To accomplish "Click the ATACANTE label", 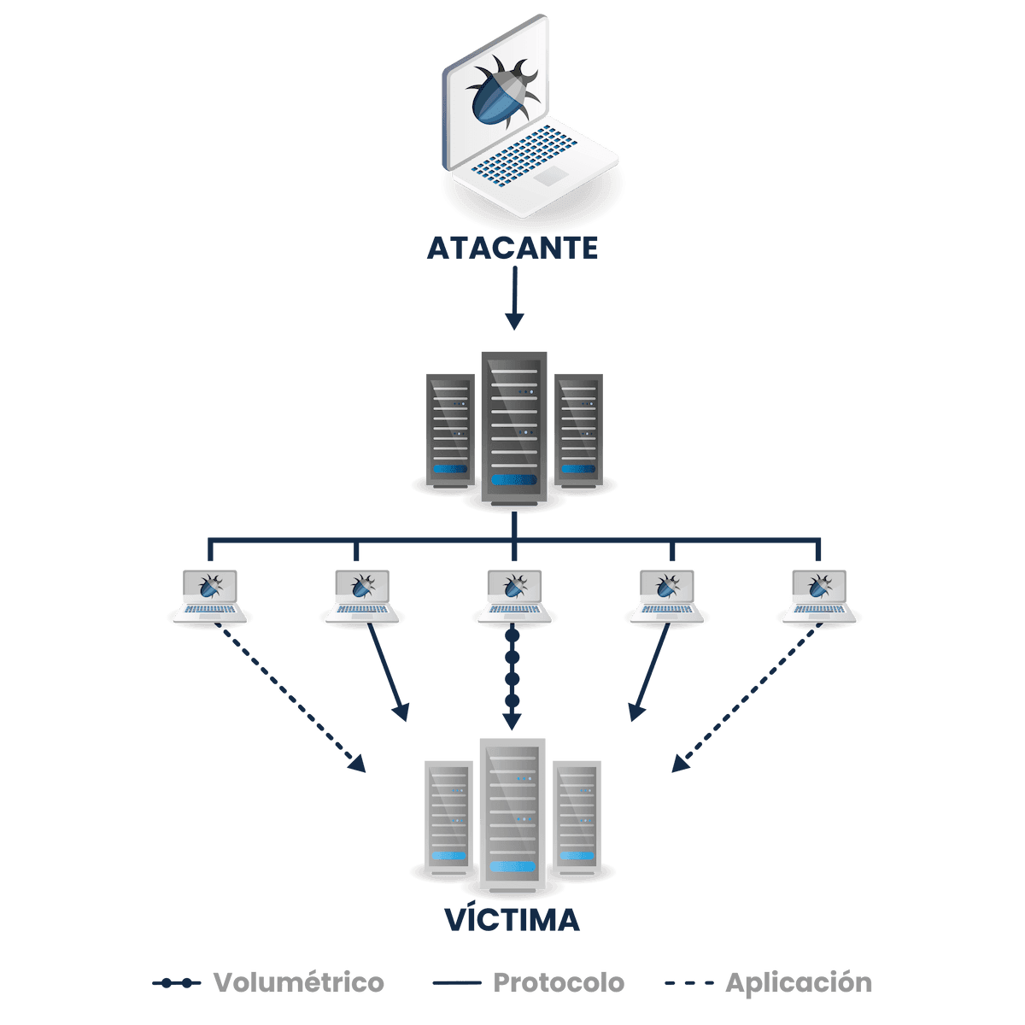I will tap(512, 248).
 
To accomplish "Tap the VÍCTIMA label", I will tap(512, 920).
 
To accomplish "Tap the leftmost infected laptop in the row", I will tap(210, 594).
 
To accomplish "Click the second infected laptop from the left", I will tap(362, 594).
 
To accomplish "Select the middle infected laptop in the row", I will tap(513, 594).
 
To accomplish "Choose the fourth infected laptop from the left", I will tap(667, 594).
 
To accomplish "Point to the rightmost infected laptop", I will tap(818, 594).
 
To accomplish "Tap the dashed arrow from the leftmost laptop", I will tap(290, 698).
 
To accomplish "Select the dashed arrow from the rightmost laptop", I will tap(743, 699).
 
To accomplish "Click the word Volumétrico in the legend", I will tap(299, 982).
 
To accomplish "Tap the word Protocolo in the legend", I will tap(559, 982).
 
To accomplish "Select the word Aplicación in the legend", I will tap(798, 982).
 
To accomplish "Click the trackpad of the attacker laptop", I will tap(551, 176).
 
